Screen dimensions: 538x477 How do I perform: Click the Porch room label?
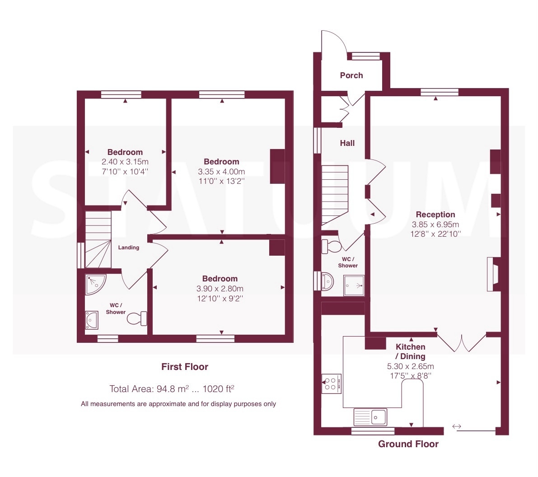(x=351, y=75)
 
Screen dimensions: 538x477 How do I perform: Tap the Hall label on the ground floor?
(x=347, y=143)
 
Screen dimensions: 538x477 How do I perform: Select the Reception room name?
(x=435, y=215)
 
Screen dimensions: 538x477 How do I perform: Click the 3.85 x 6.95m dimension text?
(x=435, y=224)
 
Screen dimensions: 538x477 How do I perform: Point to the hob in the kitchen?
(x=332, y=383)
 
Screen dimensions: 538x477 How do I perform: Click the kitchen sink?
(x=370, y=417)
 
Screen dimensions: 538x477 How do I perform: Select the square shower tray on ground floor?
(x=354, y=285)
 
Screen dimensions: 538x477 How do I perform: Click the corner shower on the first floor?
(x=95, y=284)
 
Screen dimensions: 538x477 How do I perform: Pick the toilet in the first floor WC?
(x=137, y=318)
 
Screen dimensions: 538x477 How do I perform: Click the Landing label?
(x=129, y=248)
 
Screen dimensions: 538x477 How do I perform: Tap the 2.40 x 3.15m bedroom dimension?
(x=125, y=162)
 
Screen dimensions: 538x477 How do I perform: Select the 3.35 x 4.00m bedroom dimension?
(x=221, y=171)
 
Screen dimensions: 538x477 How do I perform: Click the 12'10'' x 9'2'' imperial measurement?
(x=220, y=298)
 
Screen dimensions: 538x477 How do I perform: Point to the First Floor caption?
(x=185, y=367)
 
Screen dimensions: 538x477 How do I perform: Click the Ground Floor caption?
(x=408, y=444)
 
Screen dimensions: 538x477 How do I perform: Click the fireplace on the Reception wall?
(x=493, y=274)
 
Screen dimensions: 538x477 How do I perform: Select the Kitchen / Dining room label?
(x=410, y=351)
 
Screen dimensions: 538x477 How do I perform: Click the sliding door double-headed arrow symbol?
(x=456, y=426)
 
